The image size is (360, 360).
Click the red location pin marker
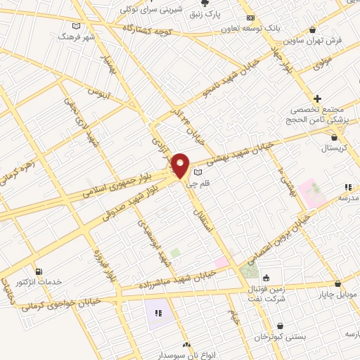tap(181, 165)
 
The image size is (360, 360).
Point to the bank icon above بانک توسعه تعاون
tap(250, 18)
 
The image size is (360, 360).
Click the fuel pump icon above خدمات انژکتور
tap(37, 271)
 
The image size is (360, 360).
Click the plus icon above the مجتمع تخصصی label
tap(318, 98)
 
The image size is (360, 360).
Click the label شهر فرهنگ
tap(75, 34)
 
